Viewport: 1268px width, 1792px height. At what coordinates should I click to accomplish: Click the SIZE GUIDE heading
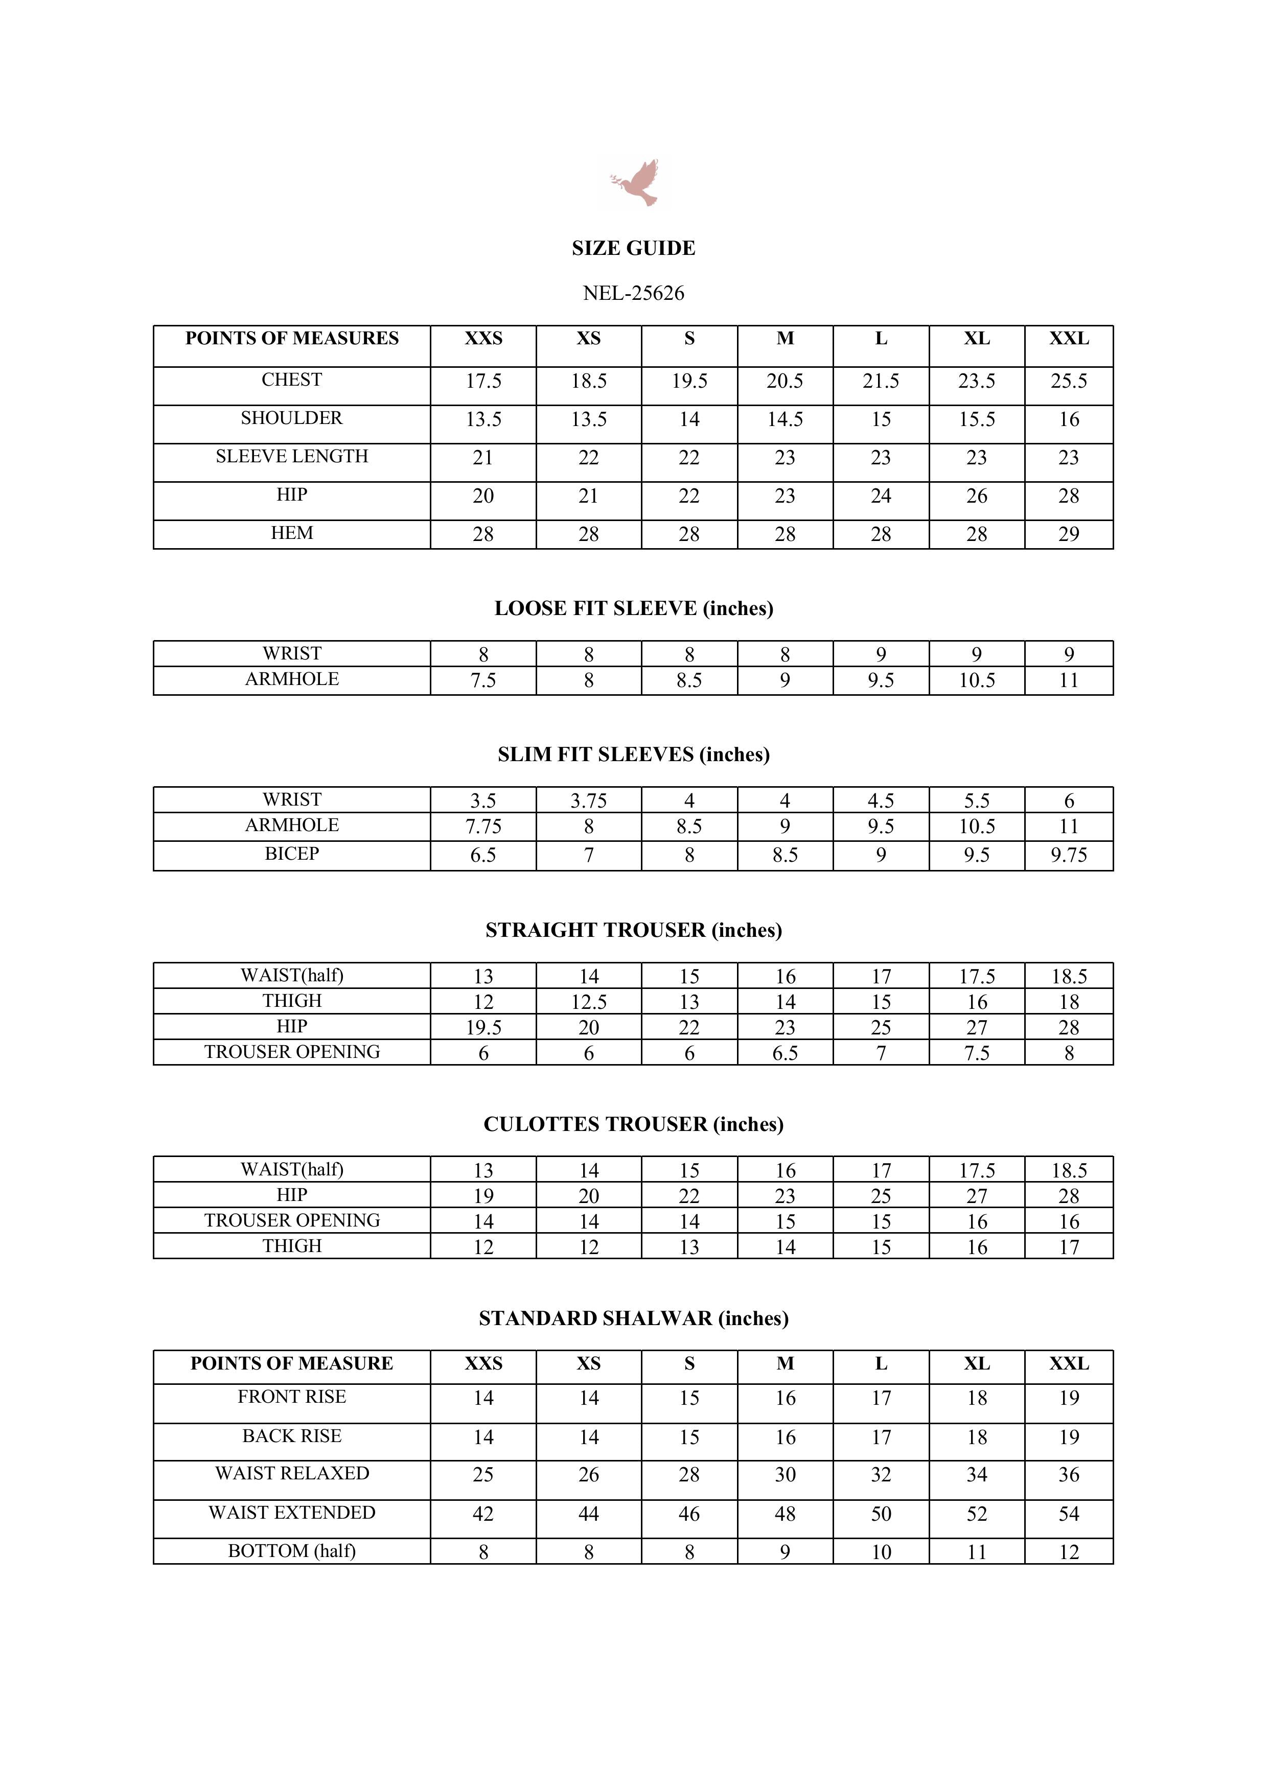pyautogui.click(x=633, y=248)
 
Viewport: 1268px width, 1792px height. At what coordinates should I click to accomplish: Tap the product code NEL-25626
pyautogui.click(x=633, y=293)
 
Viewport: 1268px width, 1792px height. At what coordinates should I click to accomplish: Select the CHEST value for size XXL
pyautogui.click(x=1068, y=381)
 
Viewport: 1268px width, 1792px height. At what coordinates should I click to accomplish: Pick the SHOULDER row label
pyautogui.click(x=291, y=418)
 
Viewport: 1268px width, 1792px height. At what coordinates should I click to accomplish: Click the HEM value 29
pyautogui.click(x=1068, y=535)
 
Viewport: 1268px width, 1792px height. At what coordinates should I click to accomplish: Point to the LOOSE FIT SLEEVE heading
pyautogui.click(x=633, y=609)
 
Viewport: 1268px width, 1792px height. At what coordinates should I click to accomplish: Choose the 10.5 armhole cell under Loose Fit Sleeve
pyautogui.click(x=976, y=680)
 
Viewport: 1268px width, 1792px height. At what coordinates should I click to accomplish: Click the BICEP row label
pyautogui.click(x=291, y=854)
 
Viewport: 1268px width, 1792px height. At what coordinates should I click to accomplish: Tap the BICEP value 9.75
pyautogui.click(x=1068, y=856)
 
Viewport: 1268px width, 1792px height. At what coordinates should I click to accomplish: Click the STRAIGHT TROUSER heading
pyautogui.click(x=633, y=930)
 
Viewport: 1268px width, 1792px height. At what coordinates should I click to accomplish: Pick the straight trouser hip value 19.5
pyautogui.click(x=483, y=1028)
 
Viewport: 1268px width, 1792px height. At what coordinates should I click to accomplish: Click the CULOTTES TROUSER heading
pyautogui.click(x=633, y=1125)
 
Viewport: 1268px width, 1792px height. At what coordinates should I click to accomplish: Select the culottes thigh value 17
pyautogui.click(x=1068, y=1248)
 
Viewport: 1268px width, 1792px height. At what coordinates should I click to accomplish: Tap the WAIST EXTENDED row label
pyautogui.click(x=291, y=1513)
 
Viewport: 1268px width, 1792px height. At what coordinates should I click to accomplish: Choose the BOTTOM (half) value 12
pyautogui.click(x=1068, y=1552)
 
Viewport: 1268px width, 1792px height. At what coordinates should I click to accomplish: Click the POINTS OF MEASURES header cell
pyautogui.click(x=291, y=339)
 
